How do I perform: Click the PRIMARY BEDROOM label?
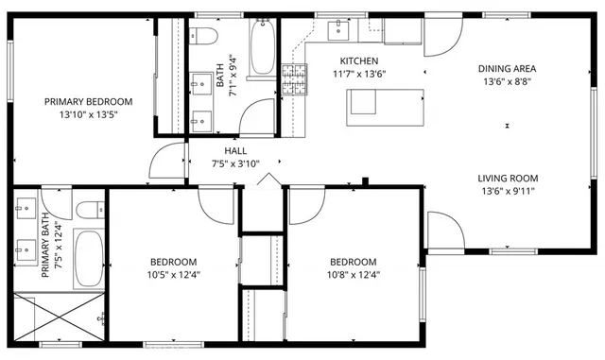click(89, 101)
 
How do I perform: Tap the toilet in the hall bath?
click(206, 38)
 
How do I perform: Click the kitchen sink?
click(338, 30)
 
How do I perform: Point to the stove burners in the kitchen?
click(295, 78)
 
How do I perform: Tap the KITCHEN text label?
click(359, 60)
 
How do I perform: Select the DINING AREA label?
click(508, 69)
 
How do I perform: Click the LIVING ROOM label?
click(508, 178)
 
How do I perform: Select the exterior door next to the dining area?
click(439, 38)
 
